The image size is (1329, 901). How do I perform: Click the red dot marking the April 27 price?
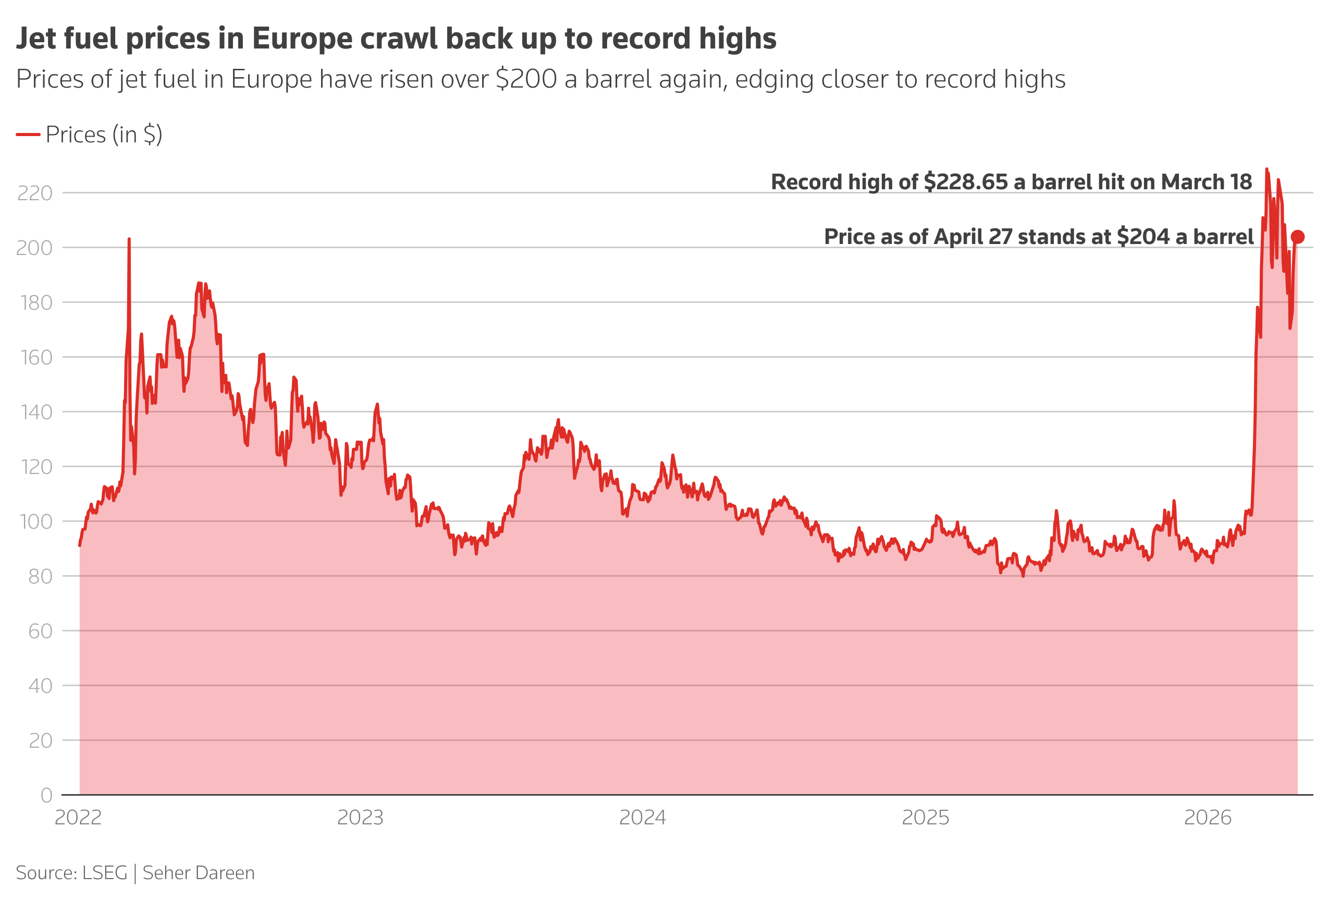pyautogui.click(x=1298, y=237)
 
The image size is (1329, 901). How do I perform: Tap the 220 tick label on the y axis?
pyautogui.click(x=35, y=193)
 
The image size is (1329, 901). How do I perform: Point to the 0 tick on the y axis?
pyautogui.click(x=46, y=795)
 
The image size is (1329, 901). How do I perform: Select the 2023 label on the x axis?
pyautogui.click(x=360, y=818)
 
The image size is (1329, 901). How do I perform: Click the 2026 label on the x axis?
pyautogui.click(x=1207, y=818)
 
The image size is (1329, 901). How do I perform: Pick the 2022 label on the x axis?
pyautogui.click(x=78, y=818)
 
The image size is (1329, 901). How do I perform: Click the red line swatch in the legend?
pyautogui.click(x=28, y=135)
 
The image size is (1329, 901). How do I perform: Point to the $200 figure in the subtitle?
pyautogui.click(x=526, y=79)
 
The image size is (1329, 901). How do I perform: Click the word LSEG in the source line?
pyautogui.click(x=105, y=873)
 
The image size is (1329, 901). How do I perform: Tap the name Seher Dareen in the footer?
pyautogui.click(x=199, y=873)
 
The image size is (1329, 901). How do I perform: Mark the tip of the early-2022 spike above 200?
pyautogui.click(x=129, y=239)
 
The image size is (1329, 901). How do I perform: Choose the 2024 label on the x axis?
pyautogui.click(x=642, y=818)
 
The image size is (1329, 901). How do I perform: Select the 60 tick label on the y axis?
pyautogui.click(x=40, y=631)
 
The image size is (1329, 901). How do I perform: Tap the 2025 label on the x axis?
pyautogui.click(x=925, y=818)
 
